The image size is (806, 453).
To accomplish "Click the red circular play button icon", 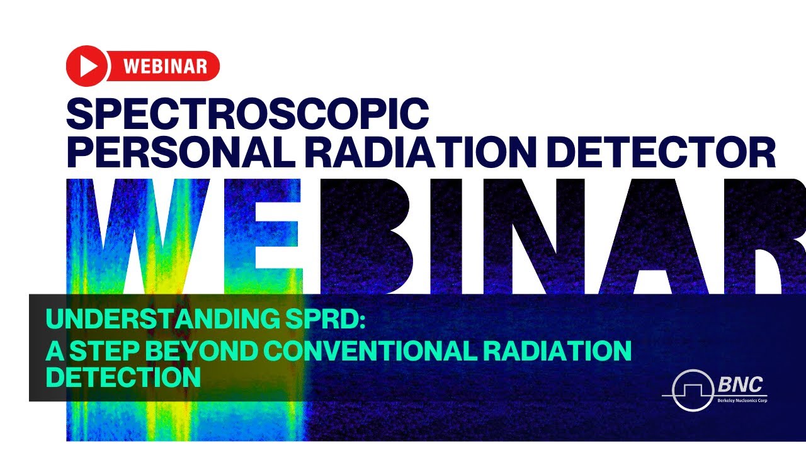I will tap(87, 66).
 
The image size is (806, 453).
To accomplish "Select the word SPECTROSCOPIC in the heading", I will tap(247, 113).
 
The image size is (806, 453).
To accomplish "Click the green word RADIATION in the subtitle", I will tap(554, 350).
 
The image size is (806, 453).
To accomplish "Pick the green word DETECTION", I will tap(124, 378).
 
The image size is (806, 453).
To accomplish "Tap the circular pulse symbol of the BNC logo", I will tap(691, 390).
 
